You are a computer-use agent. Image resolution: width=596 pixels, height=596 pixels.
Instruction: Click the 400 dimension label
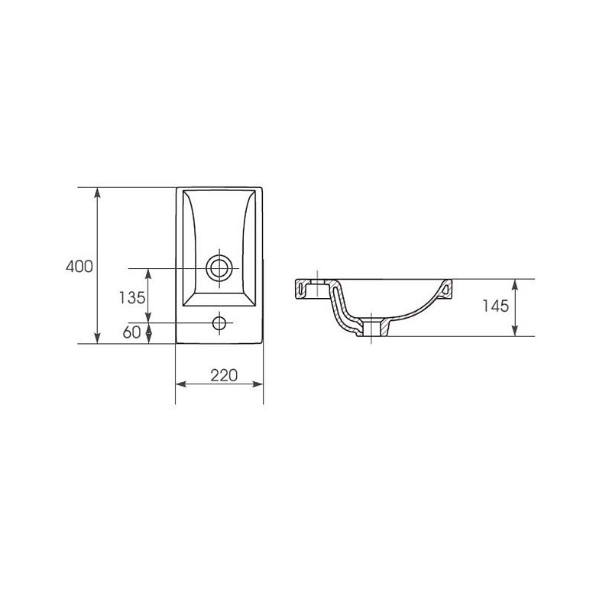[79, 267]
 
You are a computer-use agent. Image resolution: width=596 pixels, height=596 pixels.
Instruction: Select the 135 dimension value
[132, 298]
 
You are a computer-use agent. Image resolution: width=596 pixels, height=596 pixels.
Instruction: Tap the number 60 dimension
[131, 332]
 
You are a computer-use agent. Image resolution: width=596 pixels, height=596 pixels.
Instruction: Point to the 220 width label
[224, 375]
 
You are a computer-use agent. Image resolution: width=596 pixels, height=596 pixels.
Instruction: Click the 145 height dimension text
[495, 306]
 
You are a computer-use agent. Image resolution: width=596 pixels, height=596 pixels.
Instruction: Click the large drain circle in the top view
[219, 268]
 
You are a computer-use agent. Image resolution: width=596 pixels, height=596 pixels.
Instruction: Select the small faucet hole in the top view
[219, 323]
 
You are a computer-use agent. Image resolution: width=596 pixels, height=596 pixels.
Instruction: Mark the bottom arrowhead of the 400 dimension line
[97, 338]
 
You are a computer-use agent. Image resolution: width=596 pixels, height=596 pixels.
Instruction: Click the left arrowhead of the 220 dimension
[181, 384]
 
